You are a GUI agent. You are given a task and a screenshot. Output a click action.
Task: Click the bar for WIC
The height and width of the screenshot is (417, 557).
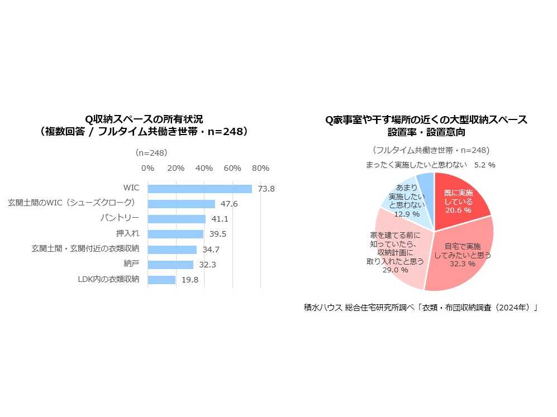click(199, 189)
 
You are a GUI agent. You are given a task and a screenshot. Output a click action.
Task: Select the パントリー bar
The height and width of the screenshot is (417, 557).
click(177, 219)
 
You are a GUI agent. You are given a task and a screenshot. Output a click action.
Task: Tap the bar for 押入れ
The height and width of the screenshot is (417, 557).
click(175, 234)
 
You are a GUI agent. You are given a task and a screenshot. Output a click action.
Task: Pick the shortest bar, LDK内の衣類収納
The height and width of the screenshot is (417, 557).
click(161, 280)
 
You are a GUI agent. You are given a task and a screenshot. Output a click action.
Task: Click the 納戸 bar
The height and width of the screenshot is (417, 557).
click(170, 265)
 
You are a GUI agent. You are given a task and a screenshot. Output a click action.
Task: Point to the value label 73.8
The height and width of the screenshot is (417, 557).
click(266, 189)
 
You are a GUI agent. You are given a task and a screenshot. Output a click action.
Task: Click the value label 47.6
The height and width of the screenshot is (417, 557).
click(228, 204)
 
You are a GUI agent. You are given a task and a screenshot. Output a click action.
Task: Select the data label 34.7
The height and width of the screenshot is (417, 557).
click(210, 250)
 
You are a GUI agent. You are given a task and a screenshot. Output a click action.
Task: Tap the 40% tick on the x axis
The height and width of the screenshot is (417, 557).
click(204, 168)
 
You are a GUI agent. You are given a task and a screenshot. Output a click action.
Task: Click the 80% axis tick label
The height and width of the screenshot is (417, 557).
click(260, 168)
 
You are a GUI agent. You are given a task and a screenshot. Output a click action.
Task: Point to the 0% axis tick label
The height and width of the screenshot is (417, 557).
click(147, 168)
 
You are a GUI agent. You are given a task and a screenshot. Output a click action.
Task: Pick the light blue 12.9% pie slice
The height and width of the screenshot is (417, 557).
click(407, 202)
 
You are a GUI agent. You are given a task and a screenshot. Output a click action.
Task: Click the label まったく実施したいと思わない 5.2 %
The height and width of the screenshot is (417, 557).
click(430, 165)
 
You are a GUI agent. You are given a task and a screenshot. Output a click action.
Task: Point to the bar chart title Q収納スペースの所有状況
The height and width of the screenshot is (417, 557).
click(144, 119)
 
